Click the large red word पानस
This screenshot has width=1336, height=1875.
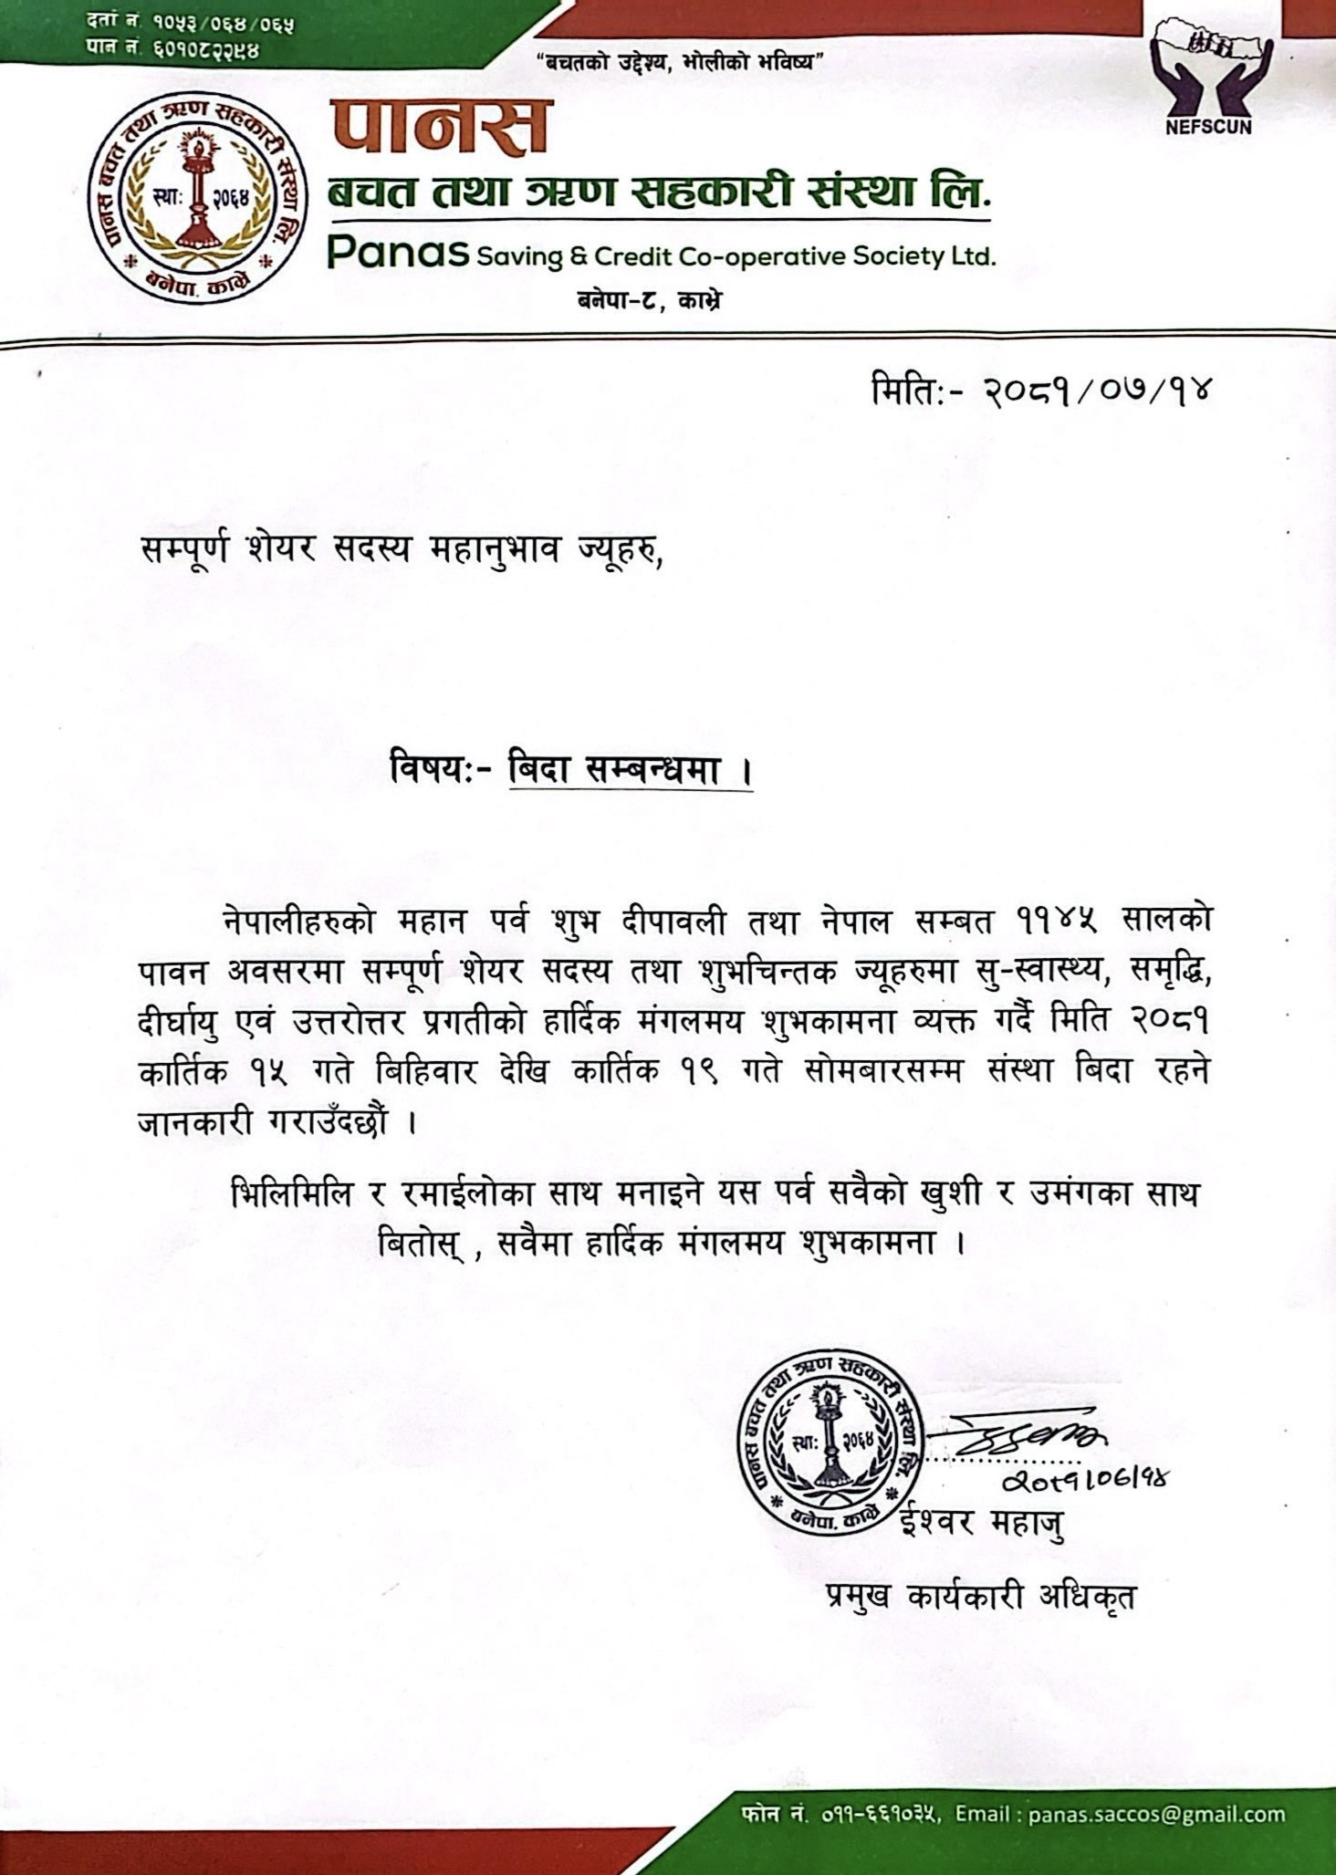tap(441, 127)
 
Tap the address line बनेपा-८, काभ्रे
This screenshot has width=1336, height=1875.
tap(649, 300)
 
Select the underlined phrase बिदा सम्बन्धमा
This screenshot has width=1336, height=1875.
tap(631, 772)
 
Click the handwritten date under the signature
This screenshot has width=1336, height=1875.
tap(1085, 1480)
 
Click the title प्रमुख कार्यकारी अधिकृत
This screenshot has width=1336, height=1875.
tap(981, 1597)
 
